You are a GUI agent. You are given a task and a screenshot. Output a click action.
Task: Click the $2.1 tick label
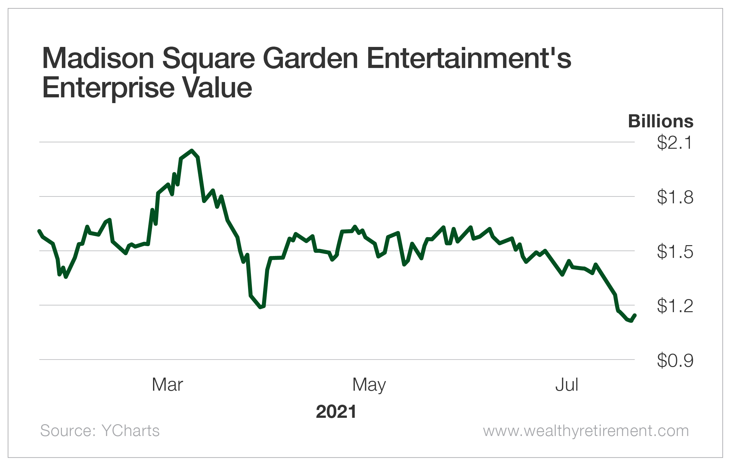click(675, 142)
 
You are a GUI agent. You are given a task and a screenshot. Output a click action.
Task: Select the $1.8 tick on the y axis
click(675, 197)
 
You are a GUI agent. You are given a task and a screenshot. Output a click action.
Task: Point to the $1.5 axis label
click(675, 252)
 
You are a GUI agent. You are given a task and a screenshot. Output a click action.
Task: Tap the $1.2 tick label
click(675, 306)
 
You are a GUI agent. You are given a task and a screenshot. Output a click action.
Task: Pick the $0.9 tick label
click(675, 360)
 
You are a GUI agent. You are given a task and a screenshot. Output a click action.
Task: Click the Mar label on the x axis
click(167, 385)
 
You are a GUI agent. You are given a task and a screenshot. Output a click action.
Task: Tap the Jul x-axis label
click(567, 385)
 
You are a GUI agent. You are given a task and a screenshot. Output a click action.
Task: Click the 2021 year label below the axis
click(336, 411)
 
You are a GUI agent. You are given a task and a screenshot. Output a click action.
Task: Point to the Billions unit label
click(661, 121)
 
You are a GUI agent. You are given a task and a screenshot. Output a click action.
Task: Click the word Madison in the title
click(98, 58)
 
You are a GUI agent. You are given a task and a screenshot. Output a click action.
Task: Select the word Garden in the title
click(311, 58)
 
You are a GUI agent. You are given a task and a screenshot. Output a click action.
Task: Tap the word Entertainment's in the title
click(469, 58)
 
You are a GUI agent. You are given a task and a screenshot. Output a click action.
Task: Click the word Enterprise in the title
click(108, 88)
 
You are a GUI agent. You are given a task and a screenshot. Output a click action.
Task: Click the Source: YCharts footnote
click(100, 431)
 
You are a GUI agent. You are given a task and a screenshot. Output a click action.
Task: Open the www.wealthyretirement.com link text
click(586, 431)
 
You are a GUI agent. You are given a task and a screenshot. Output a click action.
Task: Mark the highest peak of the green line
click(192, 150)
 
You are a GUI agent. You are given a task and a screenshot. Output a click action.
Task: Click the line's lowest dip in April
click(261, 307)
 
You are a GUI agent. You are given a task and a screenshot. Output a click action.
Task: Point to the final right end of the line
click(635, 315)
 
